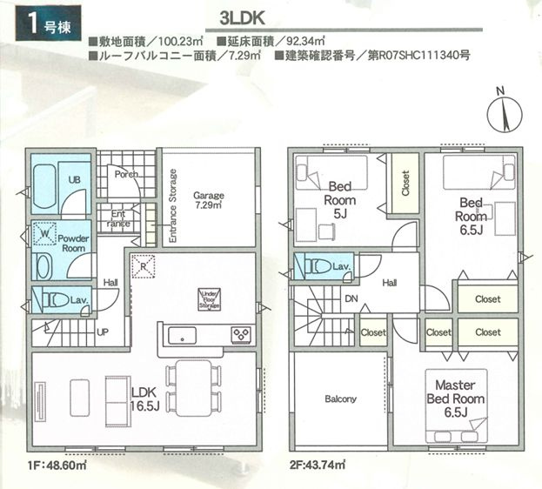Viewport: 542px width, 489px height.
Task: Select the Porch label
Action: click(126, 174)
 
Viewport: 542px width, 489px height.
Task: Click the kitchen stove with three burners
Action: click(240, 335)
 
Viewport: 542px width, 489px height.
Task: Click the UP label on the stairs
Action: click(103, 332)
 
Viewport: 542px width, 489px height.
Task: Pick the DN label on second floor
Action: click(350, 298)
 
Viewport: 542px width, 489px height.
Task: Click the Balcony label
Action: click(340, 399)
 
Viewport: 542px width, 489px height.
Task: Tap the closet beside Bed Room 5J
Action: click(405, 184)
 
